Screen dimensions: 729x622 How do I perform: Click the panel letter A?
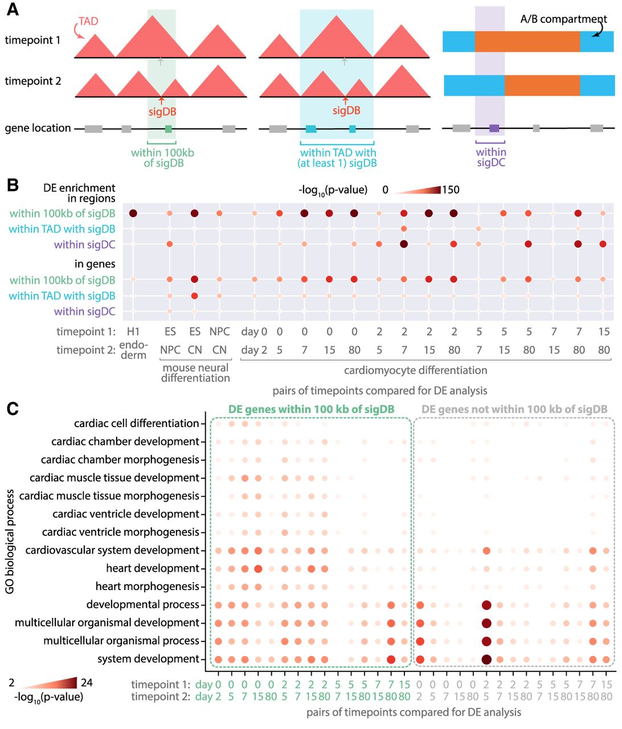click(x=12, y=10)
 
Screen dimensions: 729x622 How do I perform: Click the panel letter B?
click(x=12, y=186)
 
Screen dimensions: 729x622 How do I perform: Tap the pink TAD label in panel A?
click(x=88, y=21)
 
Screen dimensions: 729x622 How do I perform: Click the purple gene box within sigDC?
click(x=494, y=128)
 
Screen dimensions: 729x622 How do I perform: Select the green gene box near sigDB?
click(x=168, y=129)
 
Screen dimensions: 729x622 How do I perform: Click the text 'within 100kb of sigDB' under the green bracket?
click(x=162, y=158)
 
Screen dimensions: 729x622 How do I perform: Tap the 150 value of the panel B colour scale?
click(x=451, y=190)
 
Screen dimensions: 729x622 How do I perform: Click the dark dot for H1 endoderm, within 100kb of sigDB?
click(x=133, y=214)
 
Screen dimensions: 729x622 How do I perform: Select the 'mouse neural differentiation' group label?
click(x=195, y=372)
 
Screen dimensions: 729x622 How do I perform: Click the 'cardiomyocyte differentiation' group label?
click(x=415, y=370)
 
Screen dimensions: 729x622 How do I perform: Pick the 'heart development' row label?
click(x=153, y=568)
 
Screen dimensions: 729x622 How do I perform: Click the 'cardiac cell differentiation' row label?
click(x=137, y=423)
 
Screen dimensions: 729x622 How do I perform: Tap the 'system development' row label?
click(x=148, y=659)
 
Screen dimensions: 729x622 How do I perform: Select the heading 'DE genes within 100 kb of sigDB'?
click(x=311, y=409)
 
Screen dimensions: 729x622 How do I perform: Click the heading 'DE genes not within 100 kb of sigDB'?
click(x=514, y=409)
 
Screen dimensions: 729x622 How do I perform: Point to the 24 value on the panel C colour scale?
click(x=87, y=682)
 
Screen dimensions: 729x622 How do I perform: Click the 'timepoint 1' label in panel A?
click(x=32, y=40)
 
